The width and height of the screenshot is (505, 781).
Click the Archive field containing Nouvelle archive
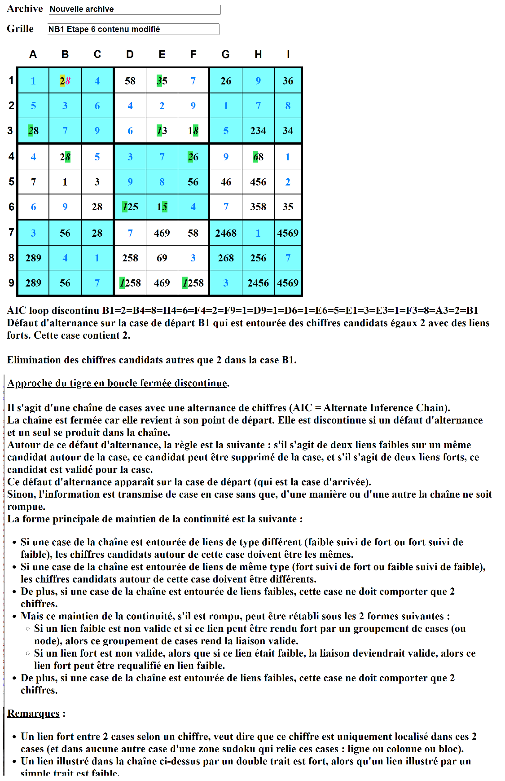point(134,9)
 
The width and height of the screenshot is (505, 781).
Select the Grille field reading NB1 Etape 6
point(133,29)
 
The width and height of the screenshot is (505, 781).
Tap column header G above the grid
point(225,54)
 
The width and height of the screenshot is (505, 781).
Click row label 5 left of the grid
point(12,182)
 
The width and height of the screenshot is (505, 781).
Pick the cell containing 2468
point(226,233)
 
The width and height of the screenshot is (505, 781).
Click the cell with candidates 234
point(258,131)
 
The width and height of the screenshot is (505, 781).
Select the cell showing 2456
point(258,283)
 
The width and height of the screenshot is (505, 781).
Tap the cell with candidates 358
point(258,207)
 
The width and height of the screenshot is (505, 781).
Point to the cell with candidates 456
point(258,182)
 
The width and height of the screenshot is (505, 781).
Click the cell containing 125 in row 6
point(130,207)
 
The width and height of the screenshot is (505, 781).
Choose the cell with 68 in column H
point(258,157)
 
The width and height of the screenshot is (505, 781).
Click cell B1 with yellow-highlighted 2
point(65,81)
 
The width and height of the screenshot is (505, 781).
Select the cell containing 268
point(226,258)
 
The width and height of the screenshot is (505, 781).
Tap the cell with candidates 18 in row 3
point(193,131)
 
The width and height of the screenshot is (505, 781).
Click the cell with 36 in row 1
point(288,81)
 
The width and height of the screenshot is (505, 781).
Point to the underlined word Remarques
point(33,713)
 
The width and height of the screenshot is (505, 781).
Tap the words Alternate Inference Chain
point(386,408)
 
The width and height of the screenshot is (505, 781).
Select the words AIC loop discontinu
point(53,310)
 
